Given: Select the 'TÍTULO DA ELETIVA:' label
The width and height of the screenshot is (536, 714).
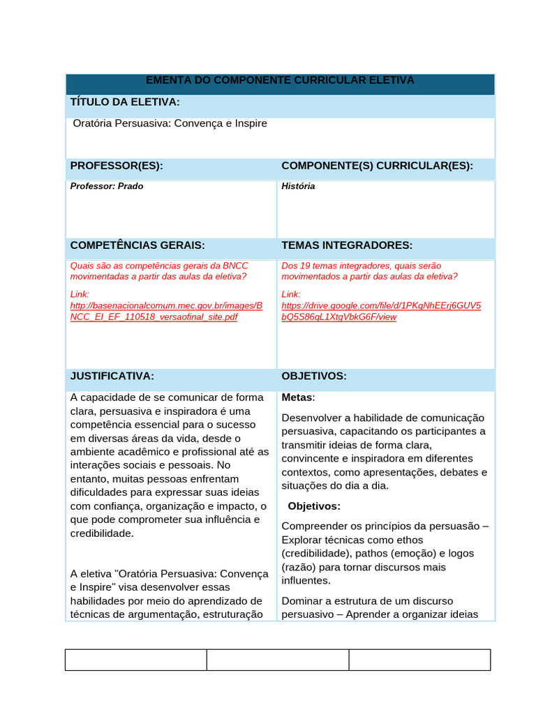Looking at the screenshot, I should click(x=125, y=102).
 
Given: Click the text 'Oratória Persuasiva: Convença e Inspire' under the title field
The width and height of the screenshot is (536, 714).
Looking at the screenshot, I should click(x=170, y=123).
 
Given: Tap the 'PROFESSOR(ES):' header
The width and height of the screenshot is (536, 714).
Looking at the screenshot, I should click(x=117, y=165).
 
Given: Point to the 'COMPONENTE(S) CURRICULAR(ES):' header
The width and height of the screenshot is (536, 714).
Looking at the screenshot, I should click(x=377, y=165).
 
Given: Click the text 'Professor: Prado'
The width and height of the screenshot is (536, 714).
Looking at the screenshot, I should click(x=107, y=186).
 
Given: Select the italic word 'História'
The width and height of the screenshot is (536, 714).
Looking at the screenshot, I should click(x=298, y=186).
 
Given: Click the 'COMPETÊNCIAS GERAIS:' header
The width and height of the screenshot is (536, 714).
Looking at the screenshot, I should click(x=137, y=245).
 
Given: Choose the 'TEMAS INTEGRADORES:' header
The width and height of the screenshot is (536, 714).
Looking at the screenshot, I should click(x=347, y=245).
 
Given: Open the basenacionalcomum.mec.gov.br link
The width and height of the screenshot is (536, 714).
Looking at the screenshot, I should click(x=166, y=311).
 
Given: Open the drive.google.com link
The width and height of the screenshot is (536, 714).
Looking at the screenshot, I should click(x=380, y=311).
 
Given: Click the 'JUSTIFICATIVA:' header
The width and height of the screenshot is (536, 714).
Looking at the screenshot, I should click(x=112, y=376).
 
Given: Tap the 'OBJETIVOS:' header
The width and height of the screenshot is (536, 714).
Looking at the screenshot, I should click(x=313, y=376).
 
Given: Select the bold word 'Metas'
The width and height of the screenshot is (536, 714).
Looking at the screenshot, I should click(x=297, y=397).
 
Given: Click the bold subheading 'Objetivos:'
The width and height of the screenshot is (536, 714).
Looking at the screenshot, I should click(x=314, y=506).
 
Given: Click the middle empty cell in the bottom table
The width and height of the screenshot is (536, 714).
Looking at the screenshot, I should click(x=278, y=660).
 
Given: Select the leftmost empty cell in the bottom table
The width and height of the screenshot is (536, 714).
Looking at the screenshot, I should click(x=136, y=660).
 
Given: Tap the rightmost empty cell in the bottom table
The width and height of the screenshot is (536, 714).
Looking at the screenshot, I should click(x=419, y=660).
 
